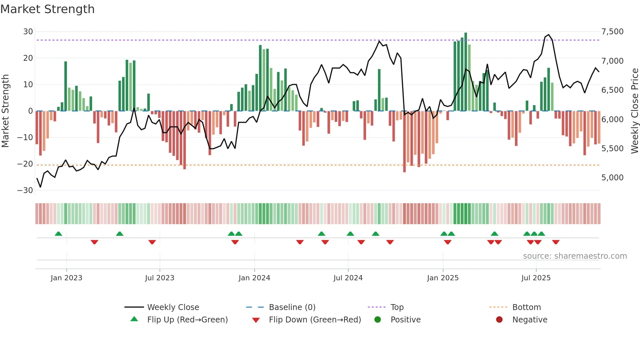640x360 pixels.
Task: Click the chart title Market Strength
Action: pyautogui.click(x=47, y=9)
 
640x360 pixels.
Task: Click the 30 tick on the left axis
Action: pyautogui.click(x=28, y=32)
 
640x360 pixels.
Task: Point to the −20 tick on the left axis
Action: pyautogui.click(x=25, y=164)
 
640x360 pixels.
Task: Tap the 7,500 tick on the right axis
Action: pyautogui.click(x=612, y=32)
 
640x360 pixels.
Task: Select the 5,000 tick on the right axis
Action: pyautogui.click(x=612, y=178)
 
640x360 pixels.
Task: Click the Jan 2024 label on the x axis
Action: pyautogui.click(x=254, y=278)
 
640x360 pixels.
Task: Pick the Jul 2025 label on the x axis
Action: pyautogui.click(x=536, y=278)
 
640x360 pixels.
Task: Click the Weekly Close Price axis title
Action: pyautogui.click(x=634, y=111)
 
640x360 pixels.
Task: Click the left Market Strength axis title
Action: pyautogui.click(x=5, y=111)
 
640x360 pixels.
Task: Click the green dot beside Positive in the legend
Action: pyautogui.click(x=377, y=320)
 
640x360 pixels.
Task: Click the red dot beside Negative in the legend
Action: pyautogui.click(x=499, y=320)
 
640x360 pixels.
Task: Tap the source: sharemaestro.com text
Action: pyautogui.click(x=575, y=256)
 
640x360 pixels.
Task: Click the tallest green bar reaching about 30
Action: pyautogui.click(x=466, y=72)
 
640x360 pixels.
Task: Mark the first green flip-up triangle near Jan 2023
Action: pyautogui.click(x=58, y=234)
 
